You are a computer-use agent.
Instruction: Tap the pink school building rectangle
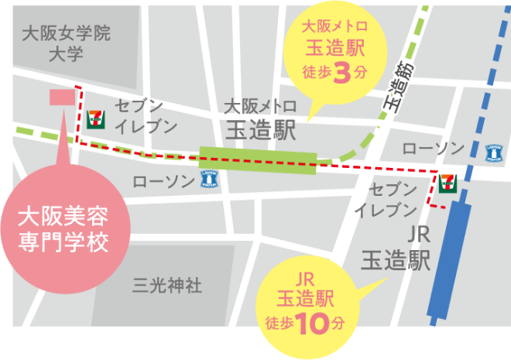(61, 96)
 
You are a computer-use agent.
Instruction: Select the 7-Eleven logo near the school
(96, 118)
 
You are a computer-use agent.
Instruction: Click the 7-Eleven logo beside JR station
(448, 183)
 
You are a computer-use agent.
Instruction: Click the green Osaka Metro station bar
(258, 160)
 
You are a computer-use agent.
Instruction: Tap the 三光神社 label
(167, 286)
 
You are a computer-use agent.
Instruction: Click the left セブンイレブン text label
(146, 116)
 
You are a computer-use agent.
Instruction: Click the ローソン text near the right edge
(433, 148)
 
